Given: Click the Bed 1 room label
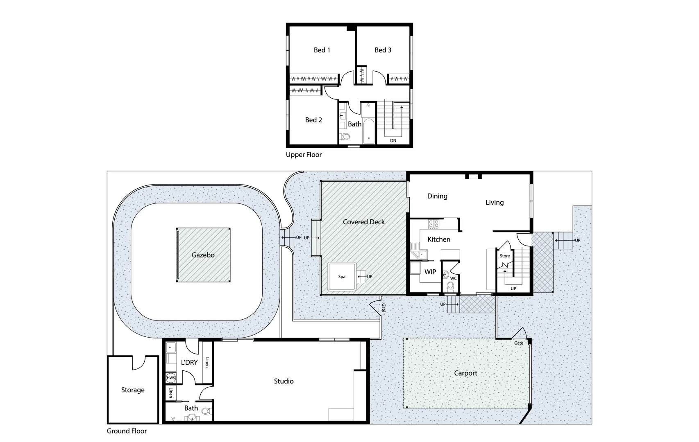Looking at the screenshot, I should pyautogui.click(x=322, y=50).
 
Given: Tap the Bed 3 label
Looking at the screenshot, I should pyautogui.click(x=383, y=50).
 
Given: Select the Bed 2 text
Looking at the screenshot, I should pyautogui.click(x=313, y=120).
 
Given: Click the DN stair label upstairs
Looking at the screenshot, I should pyautogui.click(x=393, y=140).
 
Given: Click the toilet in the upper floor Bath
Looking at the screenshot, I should pyautogui.click(x=345, y=136).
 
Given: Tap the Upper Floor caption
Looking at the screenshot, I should pyautogui.click(x=304, y=155).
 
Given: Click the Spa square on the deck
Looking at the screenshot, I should pyautogui.click(x=342, y=277).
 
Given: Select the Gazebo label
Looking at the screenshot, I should pyautogui.click(x=203, y=255).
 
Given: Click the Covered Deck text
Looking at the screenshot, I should pyautogui.click(x=363, y=222).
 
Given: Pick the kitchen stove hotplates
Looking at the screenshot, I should pyautogui.click(x=433, y=224).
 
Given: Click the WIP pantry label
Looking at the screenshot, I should pyautogui.click(x=430, y=272).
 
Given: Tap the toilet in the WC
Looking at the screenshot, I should pyautogui.click(x=450, y=286).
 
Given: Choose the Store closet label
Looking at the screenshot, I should pyautogui.click(x=504, y=256).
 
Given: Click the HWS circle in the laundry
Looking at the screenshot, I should pyautogui.click(x=171, y=378).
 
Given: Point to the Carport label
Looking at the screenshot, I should pyautogui.click(x=465, y=373).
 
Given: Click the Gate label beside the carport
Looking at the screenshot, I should pyautogui.click(x=518, y=343).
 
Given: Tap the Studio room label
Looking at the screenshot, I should pyautogui.click(x=284, y=381).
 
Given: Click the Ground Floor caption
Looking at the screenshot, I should pyautogui.click(x=127, y=431).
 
